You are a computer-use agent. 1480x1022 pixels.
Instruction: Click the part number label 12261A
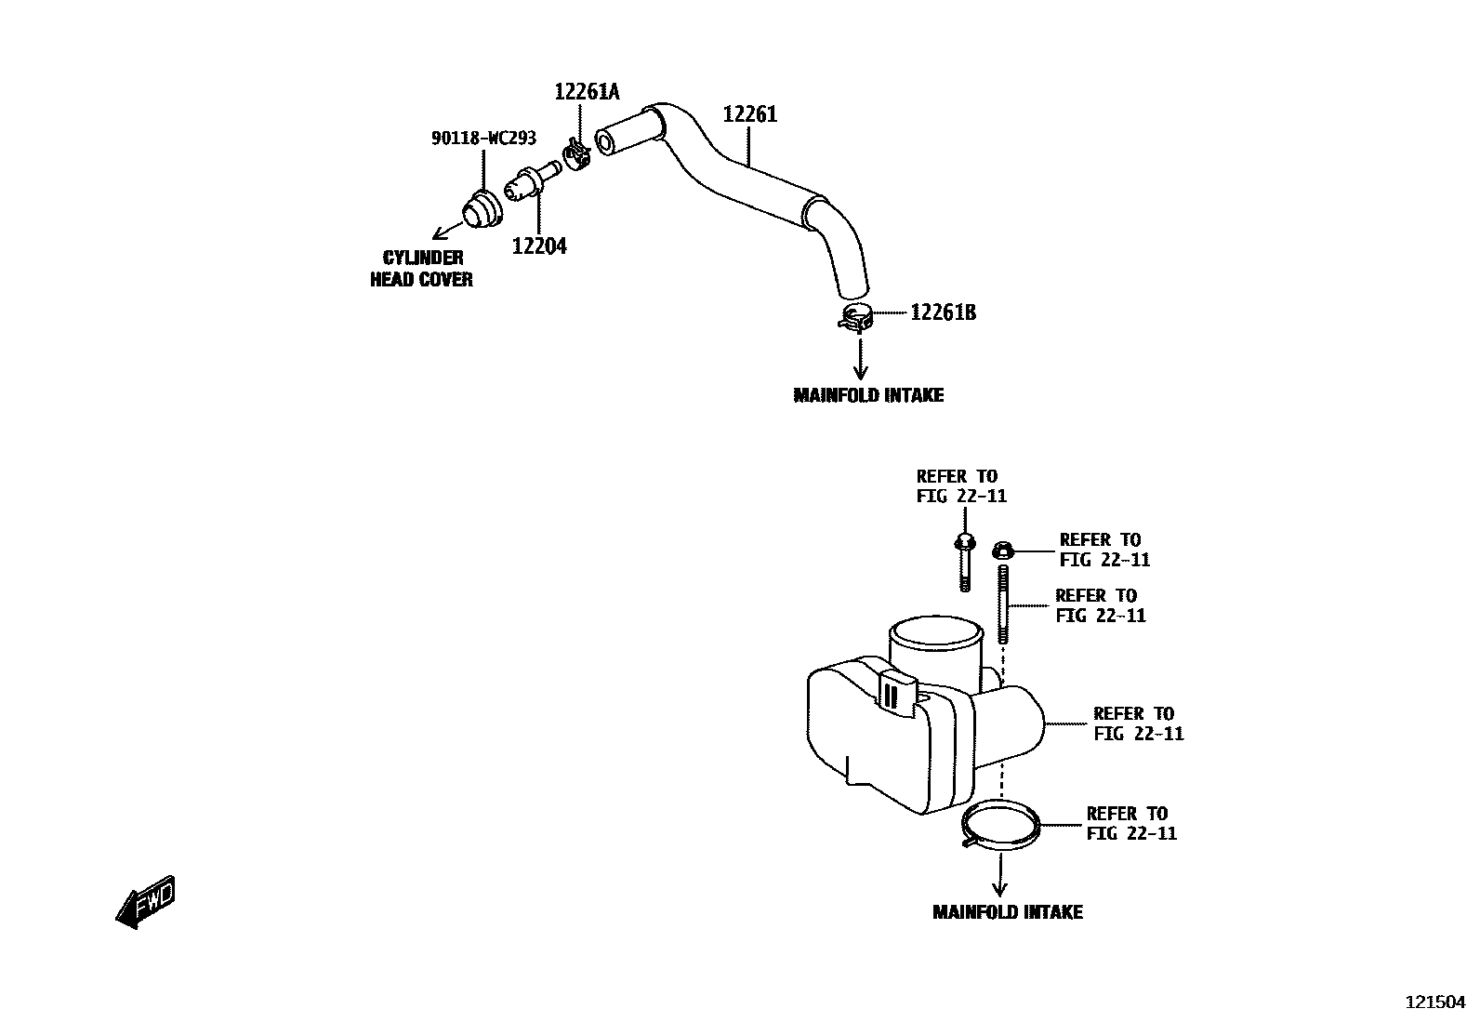point(587,92)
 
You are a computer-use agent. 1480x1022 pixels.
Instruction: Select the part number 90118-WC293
point(483,139)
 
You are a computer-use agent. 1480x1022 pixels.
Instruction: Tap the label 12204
point(539,246)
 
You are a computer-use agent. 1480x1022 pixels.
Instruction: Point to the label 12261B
point(943,312)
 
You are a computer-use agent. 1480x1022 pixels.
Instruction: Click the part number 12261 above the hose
point(750,114)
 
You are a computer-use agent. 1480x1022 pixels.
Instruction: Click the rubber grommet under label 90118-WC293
point(482,209)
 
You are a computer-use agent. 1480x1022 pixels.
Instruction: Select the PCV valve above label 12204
point(531,179)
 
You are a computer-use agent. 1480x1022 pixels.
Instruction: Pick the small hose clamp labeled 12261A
point(578,154)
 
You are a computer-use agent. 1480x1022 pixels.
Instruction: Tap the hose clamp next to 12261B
point(855,318)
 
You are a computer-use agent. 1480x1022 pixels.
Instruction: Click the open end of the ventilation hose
point(606,142)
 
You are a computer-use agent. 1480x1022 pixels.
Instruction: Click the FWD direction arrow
point(145,901)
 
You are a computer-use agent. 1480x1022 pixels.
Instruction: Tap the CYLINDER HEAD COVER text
point(422,269)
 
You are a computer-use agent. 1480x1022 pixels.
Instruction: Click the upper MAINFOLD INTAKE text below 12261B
point(868,395)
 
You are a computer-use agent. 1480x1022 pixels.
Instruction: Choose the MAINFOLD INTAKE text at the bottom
point(1008,912)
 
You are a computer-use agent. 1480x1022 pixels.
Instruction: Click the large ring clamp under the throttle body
point(1000,824)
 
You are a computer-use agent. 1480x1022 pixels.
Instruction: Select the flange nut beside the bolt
point(1002,551)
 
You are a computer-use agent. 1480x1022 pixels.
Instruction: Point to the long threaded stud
point(1004,604)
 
